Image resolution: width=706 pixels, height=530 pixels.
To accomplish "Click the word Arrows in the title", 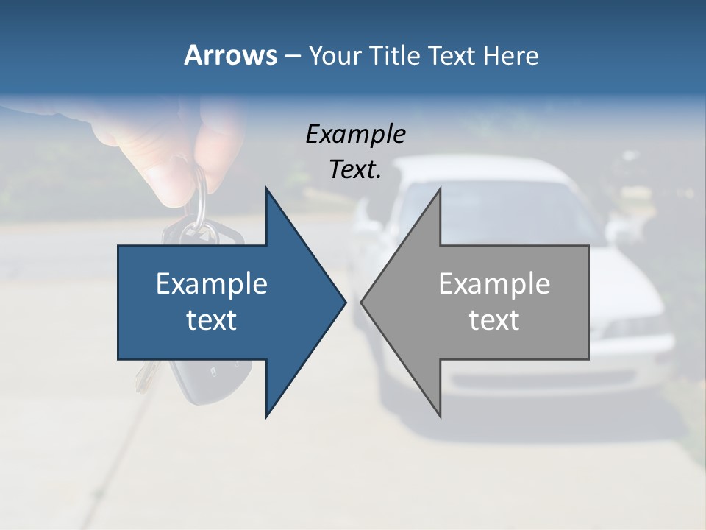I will click(x=229, y=55).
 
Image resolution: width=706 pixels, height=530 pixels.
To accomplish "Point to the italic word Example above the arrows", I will click(x=355, y=135).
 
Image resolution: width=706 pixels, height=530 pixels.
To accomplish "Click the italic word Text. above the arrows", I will click(x=355, y=169).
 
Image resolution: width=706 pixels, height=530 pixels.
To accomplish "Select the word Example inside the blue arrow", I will click(x=212, y=284).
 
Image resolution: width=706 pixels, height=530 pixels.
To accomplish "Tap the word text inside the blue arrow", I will click(x=212, y=320).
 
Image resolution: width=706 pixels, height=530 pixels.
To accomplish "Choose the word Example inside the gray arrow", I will click(x=494, y=284).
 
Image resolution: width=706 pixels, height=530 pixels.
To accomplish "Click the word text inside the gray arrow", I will click(x=494, y=320).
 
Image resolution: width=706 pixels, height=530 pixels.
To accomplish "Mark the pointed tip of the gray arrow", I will click(x=362, y=302).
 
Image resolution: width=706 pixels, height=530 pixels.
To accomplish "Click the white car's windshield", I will click(x=515, y=206).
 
